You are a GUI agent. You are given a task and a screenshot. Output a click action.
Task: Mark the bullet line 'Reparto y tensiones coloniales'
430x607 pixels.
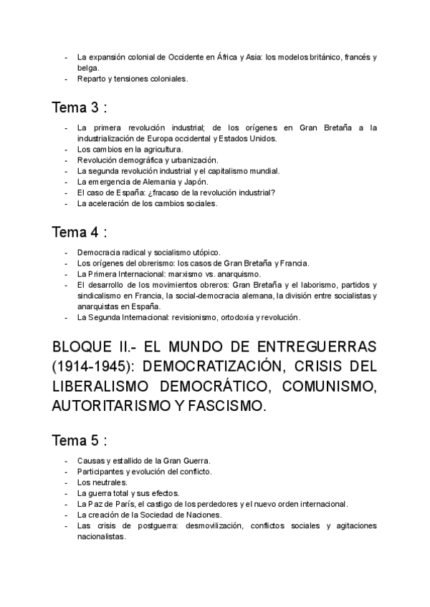132,79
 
